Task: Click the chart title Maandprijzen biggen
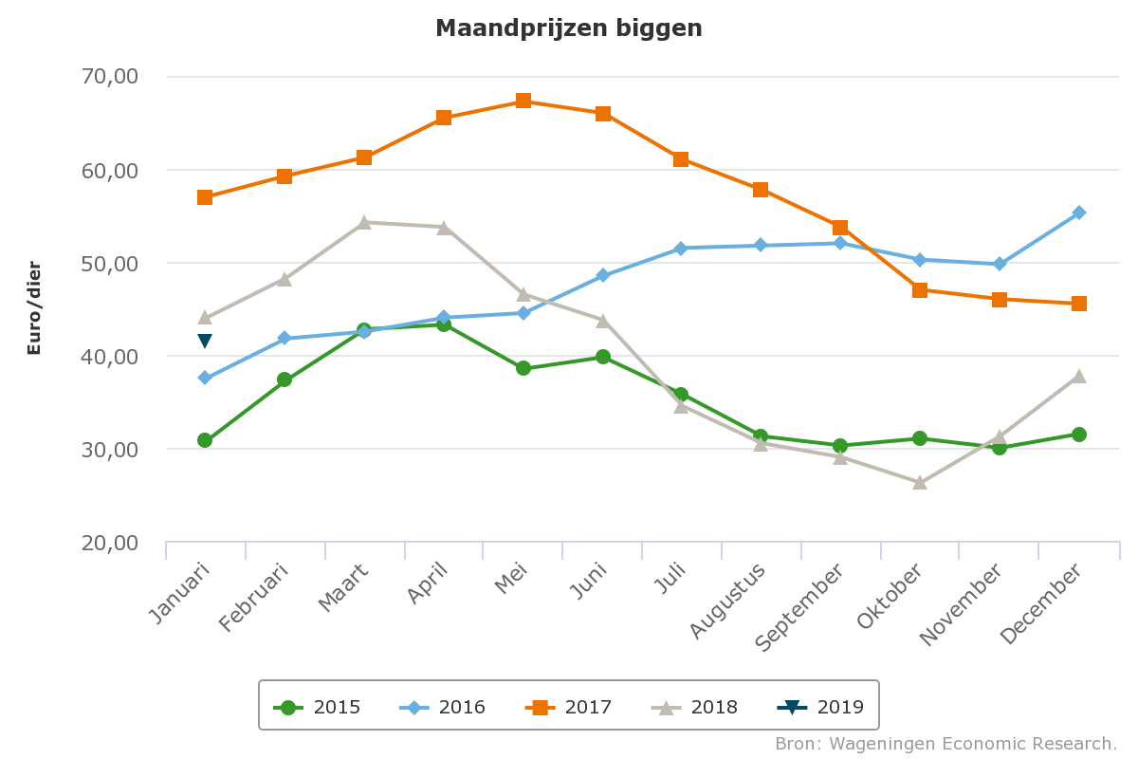click(x=568, y=28)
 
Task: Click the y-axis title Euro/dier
click(x=34, y=307)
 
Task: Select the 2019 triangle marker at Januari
click(x=205, y=341)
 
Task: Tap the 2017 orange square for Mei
click(x=523, y=102)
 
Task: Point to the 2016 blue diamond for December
click(x=1079, y=213)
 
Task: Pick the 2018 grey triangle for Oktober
click(x=920, y=482)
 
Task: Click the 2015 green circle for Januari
click(x=205, y=440)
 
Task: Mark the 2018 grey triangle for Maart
click(x=364, y=223)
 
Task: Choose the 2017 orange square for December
click(x=1079, y=304)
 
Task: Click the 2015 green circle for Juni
click(x=603, y=357)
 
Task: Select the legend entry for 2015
click(x=318, y=707)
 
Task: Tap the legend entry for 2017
click(x=569, y=707)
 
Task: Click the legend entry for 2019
click(x=821, y=707)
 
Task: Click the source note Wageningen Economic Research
click(x=945, y=743)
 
